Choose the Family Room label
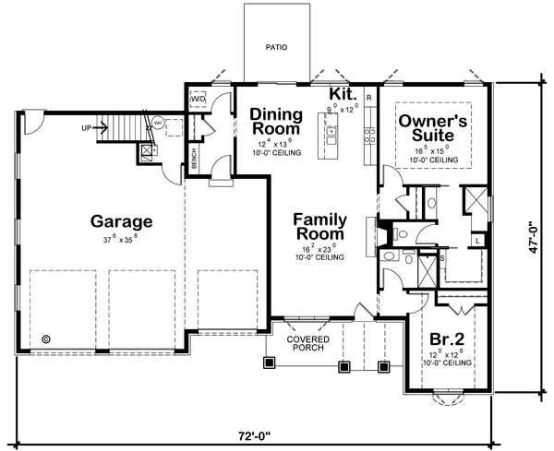[x=320, y=227]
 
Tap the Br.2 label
[x=446, y=338]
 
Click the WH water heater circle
[x=157, y=122]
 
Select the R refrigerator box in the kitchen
[x=368, y=97]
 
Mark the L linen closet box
[x=476, y=240]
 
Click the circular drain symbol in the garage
[x=46, y=338]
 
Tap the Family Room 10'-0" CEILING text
[x=320, y=258]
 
